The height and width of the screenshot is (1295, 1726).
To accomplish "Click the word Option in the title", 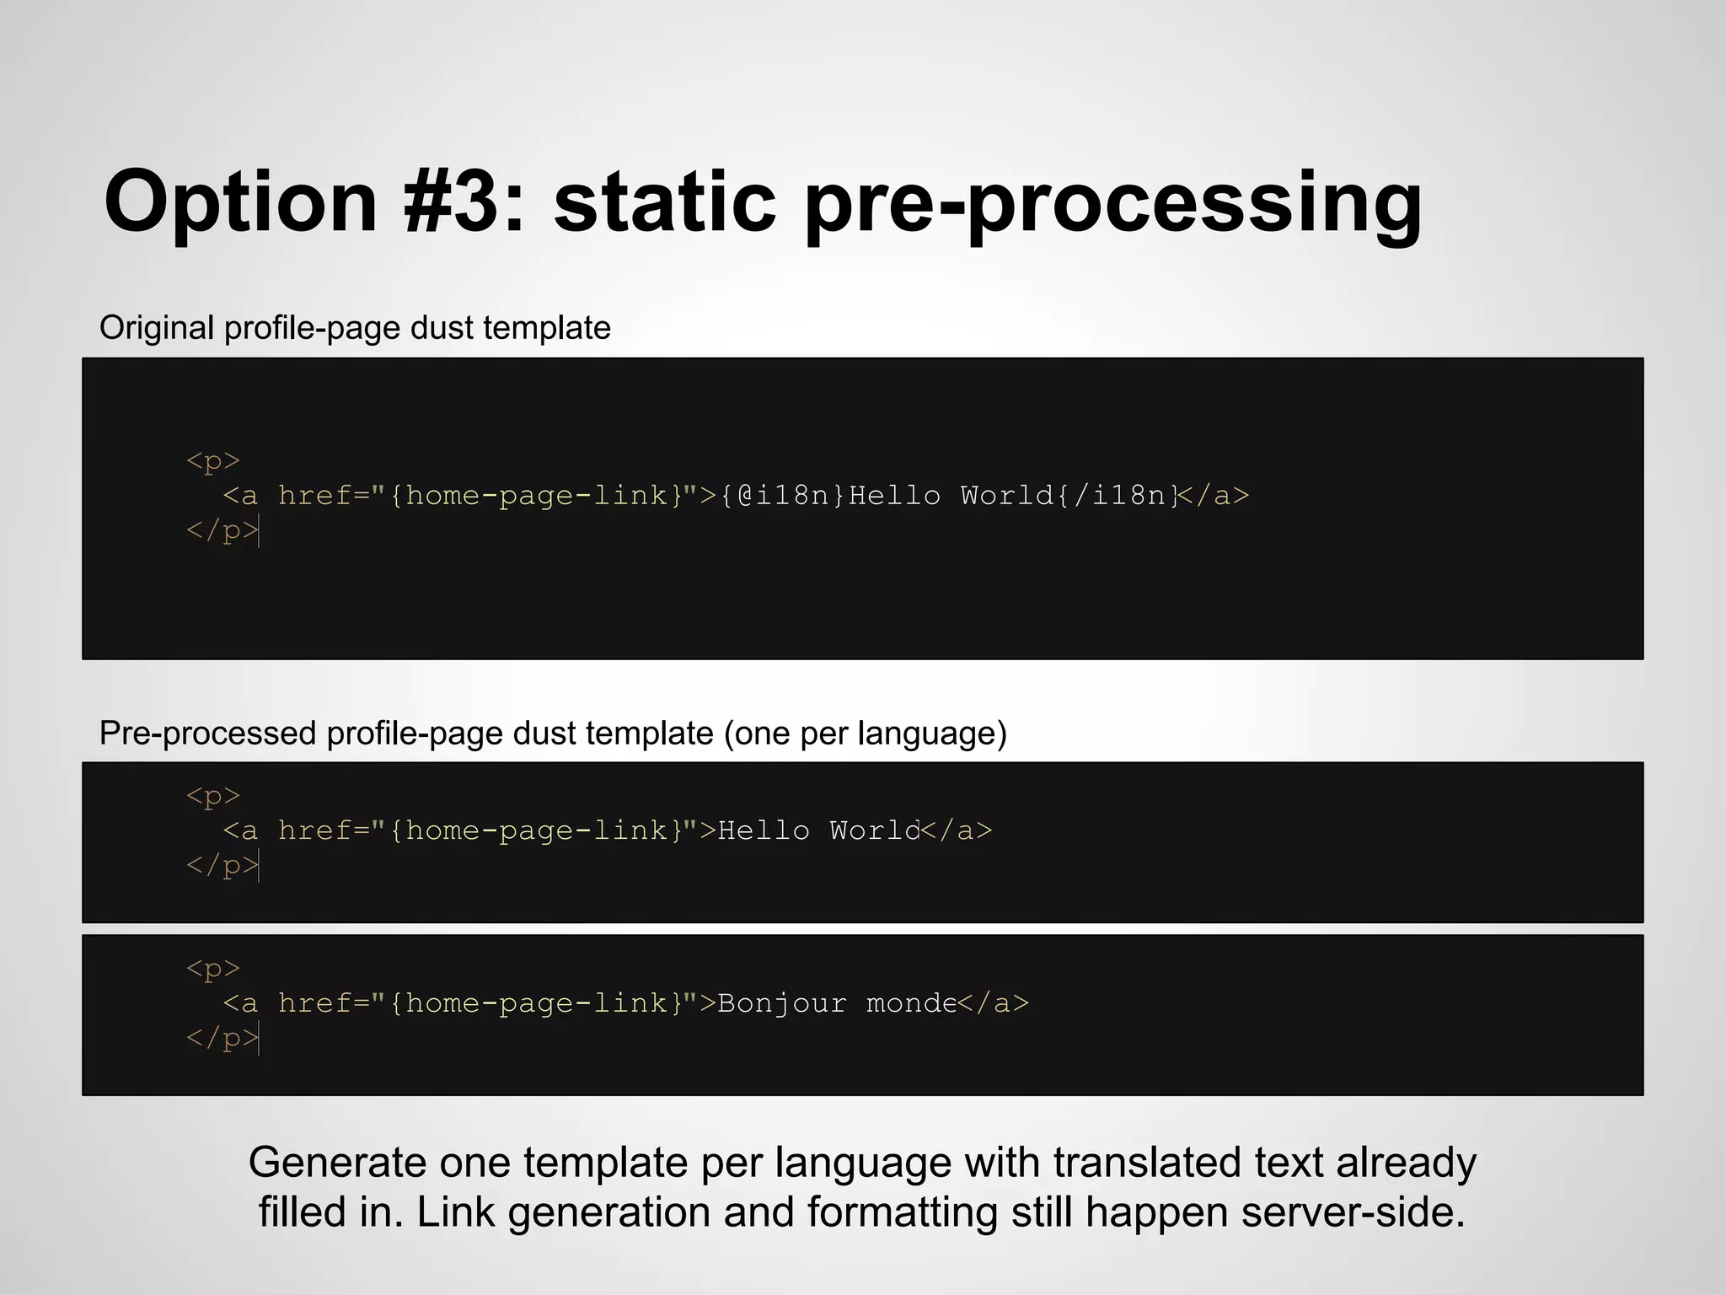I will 241,202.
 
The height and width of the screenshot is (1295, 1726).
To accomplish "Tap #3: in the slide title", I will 464,202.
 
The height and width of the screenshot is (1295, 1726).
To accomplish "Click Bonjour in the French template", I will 781,1003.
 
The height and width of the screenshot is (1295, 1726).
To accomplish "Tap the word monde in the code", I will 911,1003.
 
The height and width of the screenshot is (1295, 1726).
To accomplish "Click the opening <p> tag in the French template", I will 213,968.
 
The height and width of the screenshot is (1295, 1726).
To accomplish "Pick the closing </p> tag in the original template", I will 222,530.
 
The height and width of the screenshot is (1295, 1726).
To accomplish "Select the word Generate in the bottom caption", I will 337,1163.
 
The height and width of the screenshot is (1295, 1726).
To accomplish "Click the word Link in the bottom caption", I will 455,1212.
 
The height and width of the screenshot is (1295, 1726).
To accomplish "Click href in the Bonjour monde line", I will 314,1003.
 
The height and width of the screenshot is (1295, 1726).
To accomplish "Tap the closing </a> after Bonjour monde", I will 994,1003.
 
